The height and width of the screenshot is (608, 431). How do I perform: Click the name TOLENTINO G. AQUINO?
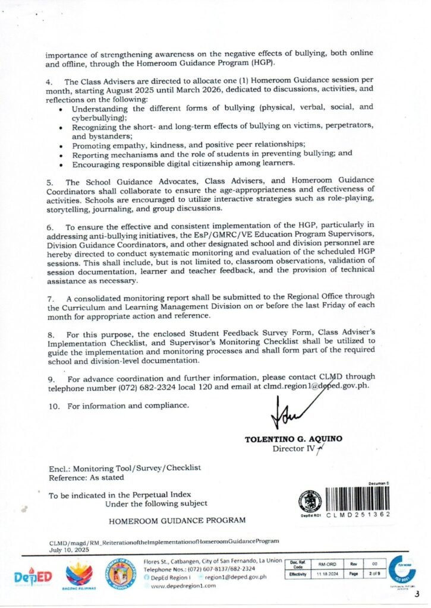tap(293, 439)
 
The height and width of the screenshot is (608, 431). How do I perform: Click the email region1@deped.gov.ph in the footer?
tap(235, 576)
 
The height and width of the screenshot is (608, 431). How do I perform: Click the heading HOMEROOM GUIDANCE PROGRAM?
tap(177, 521)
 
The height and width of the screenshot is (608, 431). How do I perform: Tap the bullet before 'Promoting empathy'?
tap(63, 145)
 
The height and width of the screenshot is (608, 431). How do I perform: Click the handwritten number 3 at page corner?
tap(417, 594)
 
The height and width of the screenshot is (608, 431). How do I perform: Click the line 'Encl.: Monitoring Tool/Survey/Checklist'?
tap(124, 468)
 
